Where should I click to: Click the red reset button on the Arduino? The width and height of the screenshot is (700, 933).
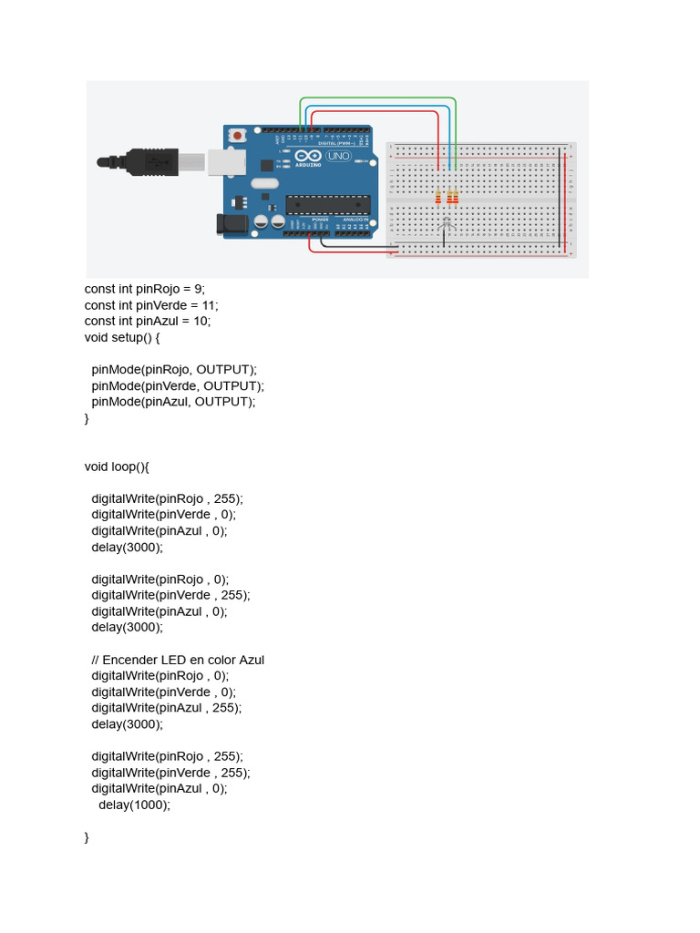click(238, 135)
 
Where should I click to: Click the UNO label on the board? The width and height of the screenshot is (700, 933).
click(339, 157)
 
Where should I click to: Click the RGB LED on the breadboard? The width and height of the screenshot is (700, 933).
click(446, 221)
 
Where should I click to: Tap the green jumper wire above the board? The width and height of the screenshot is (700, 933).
click(378, 98)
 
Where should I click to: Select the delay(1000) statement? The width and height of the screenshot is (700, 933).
click(134, 805)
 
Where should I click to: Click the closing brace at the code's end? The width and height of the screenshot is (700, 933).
click(87, 836)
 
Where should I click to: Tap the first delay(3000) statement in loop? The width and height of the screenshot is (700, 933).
click(127, 547)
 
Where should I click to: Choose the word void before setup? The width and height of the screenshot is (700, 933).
click(96, 337)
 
